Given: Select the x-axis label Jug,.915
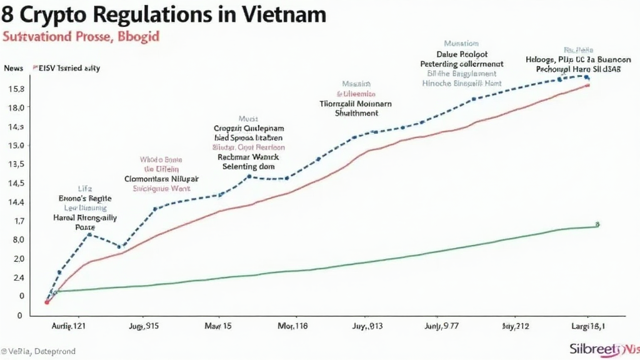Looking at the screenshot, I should coord(144,326).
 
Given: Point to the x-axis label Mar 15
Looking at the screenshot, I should coord(218,326).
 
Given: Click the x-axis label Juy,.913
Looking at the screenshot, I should coord(367,326).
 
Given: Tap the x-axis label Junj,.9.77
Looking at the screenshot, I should coord(441,326).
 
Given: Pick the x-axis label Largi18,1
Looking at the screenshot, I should coord(587,326).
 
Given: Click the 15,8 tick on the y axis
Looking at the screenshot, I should coord(15,88).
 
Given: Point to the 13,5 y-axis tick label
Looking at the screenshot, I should coord(15,164).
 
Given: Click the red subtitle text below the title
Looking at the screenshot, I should coord(81,37).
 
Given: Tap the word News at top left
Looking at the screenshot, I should coord(13,68).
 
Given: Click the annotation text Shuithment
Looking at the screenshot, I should coord(356,114).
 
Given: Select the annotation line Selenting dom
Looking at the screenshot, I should coord(249,167).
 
